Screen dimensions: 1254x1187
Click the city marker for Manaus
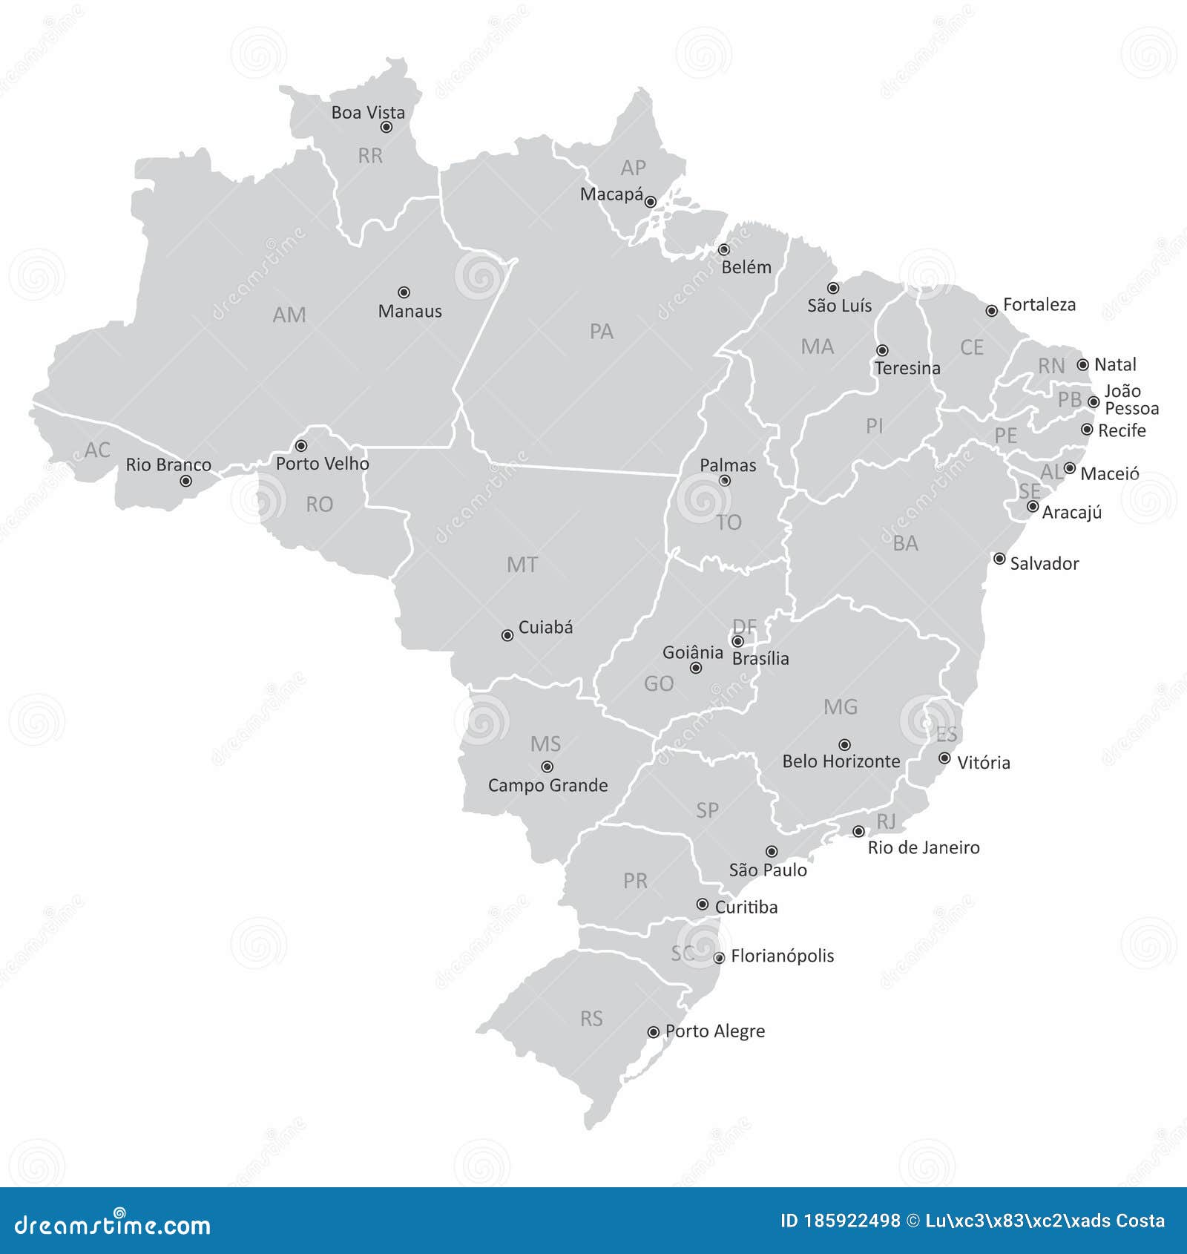click(x=404, y=292)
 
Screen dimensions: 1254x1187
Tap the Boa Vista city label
click(x=368, y=113)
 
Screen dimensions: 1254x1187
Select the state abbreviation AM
click(x=289, y=315)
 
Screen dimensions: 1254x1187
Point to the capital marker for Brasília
click(x=737, y=641)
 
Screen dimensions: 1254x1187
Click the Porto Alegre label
click(x=714, y=1031)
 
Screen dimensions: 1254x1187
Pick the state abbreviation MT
click(x=522, y=565)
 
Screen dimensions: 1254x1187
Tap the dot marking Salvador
click(x=999, y=559)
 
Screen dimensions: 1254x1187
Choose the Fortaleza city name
click(x=1039, y=304)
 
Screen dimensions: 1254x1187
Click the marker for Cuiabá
click(x=507, y=635)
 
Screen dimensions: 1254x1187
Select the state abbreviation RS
click(x=591, y=1019)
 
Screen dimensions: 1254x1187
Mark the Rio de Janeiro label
click(x=923, y=847)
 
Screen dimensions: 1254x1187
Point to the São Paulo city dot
click(x=772, y=851)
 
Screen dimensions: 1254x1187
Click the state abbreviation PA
click(x=601, y=332)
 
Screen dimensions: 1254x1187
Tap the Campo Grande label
click(x=548, y=785)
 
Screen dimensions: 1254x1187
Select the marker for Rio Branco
click(x=186, y=481)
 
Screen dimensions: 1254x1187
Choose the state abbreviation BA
click(x=905, y=544)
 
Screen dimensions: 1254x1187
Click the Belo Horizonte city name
click(x=841, y=761)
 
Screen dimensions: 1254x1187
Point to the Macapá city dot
click(x=651, y=202)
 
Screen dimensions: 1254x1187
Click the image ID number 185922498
click(x=852, y=1221)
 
